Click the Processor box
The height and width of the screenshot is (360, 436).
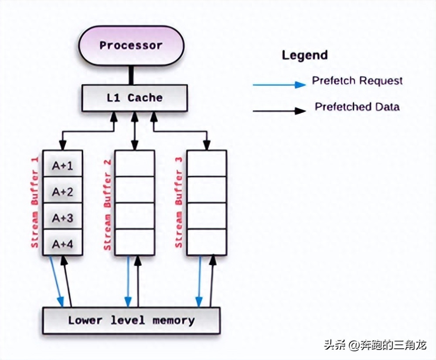pos(131,46)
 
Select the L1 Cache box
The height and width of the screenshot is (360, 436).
pos(134,98)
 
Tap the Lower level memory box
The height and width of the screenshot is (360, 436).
pos(131,321)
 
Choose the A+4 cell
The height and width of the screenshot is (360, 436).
pos(62,244)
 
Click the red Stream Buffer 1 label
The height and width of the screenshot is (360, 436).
pos(35,202)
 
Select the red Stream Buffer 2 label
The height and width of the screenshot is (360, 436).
pos(107,205)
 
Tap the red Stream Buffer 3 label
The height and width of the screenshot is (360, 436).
pos(179,202)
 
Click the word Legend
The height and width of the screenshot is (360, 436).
pos(304,55)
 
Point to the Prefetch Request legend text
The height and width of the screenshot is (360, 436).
pos(357,81)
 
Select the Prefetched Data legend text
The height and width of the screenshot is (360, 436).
pos(357,107)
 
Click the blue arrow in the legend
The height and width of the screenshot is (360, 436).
pos(279,84)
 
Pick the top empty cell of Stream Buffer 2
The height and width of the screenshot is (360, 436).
pos(135,163)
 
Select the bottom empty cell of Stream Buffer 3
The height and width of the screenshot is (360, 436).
pos(207,242)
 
